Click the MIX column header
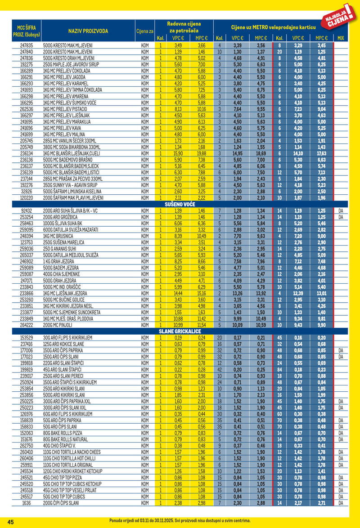pos(340,38)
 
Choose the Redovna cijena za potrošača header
pos(184,27)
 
